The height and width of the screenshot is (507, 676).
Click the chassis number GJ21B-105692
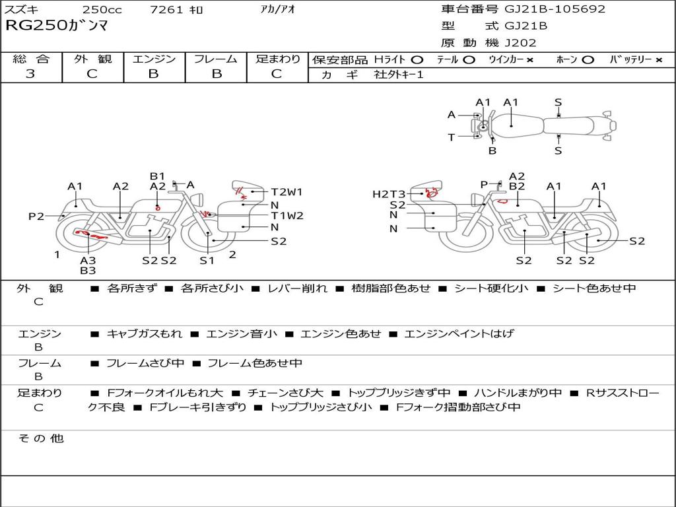pyautogui.click(x=555, y=9)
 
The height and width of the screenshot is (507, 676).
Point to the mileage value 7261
pyautogui.click(x=166, y=9)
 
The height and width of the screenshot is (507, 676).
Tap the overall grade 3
pyautogui.click(x=30, y=74)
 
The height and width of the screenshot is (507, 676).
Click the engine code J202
pyautogui.click(x=520, y=43)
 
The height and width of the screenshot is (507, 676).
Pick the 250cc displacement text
pyautogui.click(x=102, y=9)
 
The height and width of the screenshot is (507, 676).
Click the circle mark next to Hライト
pyautogui.click(x=417, y=60)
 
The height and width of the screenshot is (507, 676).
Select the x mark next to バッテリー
pyautogui.click(x=659, y=60)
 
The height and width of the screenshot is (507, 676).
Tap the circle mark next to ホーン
pyautogui.click(x=588, y=60)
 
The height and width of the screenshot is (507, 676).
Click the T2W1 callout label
pyautogui.click(x=287, y=192)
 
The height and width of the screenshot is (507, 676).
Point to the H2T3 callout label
pyautogui.click(x=389, y=195)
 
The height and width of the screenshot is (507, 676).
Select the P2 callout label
pyautogui.click(x=36, y=217)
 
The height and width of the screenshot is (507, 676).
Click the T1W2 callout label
pyautogui.click(x=287, y=216)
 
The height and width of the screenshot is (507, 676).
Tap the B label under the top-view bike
pyautogui.click(x=492, y=151)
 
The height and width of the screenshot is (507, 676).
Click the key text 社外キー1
pyautogui.click(x=399, y=75)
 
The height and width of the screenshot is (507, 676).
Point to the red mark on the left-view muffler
pyautogui.click(x=89, y=234)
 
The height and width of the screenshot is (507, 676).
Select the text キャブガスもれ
pyautogui.click(x=145, y=333)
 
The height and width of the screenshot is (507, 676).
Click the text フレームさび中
pyautogui.click(x=145, y=364)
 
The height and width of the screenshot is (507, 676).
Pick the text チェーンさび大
pyautogui.click(x=285, y=393)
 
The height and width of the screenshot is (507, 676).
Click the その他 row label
pyautogui.click(x=41, y=438)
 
